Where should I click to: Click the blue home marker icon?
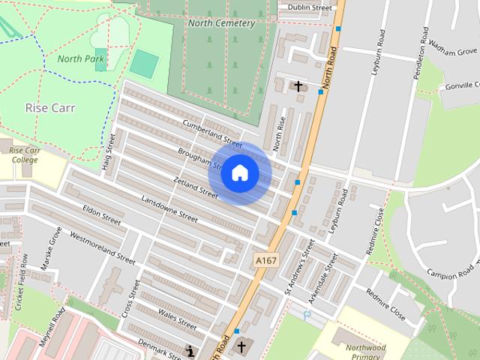coord(239,173)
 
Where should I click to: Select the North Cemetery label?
coord(221,23)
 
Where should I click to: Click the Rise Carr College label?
coord(24,155)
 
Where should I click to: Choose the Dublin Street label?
coord(304,8)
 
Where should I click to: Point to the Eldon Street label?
coord(102,215)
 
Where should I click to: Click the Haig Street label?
coord(106,151)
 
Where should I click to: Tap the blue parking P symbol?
coord(307,316)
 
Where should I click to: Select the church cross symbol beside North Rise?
coord(298,86)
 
